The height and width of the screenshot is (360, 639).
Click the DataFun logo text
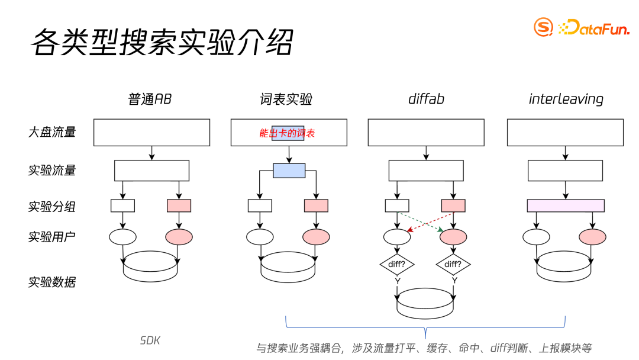595,27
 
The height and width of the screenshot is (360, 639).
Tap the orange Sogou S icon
543,27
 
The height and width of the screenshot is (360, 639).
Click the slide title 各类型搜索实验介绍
162,42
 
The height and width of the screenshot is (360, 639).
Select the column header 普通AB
150,99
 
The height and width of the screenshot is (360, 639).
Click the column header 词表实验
286,99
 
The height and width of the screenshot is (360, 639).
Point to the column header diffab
426,99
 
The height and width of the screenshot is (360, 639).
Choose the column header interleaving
566,99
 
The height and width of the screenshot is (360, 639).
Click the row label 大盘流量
52,132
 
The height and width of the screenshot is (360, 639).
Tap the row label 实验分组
52,207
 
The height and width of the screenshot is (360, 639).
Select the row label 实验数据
52,282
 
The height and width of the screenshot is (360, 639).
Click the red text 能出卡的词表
287,133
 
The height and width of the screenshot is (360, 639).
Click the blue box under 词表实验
289,171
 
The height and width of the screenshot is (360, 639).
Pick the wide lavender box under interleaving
566,205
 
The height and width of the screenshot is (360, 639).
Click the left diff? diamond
397,265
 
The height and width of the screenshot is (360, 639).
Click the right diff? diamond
453,265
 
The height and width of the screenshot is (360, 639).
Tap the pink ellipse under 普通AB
179,237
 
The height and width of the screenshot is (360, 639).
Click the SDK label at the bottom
150,340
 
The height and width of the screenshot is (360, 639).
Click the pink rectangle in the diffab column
453,205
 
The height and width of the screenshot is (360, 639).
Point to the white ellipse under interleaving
537,237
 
